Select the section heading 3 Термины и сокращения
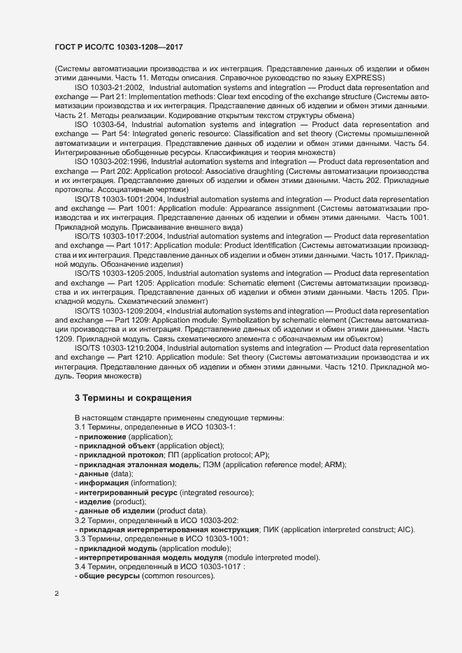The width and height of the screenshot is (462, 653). (133, 398)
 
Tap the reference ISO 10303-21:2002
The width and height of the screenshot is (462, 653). (108, 88)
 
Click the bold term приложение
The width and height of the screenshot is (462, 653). (103, 436)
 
